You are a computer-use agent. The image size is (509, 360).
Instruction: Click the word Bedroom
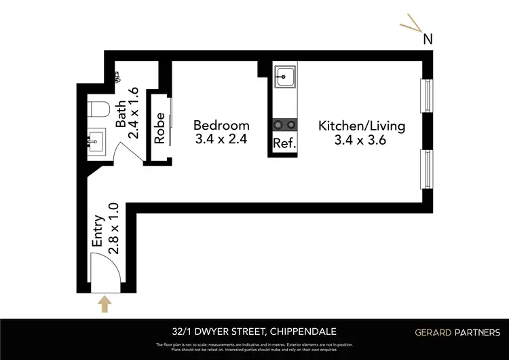(x=221, y=126)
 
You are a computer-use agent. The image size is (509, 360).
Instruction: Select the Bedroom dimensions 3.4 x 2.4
(x=221, y=141)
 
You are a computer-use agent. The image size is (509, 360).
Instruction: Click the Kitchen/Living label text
(x=362, y=126)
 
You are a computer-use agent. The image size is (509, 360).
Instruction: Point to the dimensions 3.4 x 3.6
(x=362, y=141)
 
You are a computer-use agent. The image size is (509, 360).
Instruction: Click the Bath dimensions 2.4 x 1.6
(x=134, y=113)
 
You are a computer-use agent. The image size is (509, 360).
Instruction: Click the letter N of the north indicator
(x=428, y=39)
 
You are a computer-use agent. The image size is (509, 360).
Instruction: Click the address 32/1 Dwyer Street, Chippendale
(x=254, y=331)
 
